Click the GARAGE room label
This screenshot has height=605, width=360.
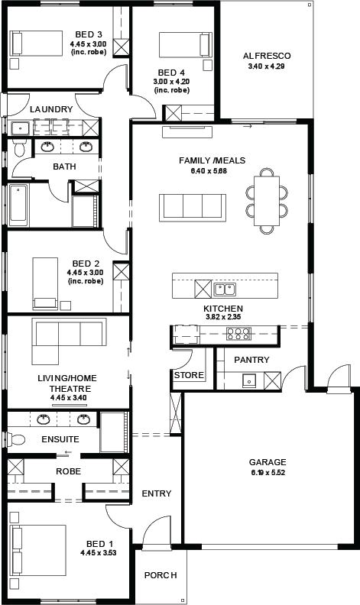[268, 462]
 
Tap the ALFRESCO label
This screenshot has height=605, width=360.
[267, 56]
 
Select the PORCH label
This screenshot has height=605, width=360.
[161, 575]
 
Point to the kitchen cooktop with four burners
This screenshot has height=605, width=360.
[238, 334]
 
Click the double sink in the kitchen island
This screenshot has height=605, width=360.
[225, 289]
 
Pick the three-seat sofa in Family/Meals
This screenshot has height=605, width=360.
[193, 208]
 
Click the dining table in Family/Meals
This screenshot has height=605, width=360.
[267, 201]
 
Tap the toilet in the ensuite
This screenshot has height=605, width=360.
[15, 439]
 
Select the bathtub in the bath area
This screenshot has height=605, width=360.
[18, 205]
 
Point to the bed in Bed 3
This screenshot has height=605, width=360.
[37, 44]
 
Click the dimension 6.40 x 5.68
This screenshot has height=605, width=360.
[209, 171]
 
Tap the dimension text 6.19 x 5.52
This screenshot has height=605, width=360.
[268, 472]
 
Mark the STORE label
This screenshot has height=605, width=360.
[189, 375]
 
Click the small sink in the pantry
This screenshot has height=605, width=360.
[248, 380]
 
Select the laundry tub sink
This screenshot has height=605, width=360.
[20, 128]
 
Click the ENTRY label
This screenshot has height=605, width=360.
[157, 493]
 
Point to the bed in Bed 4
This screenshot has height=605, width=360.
[185, 46]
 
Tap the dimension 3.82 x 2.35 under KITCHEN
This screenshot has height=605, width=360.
[223, 318]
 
